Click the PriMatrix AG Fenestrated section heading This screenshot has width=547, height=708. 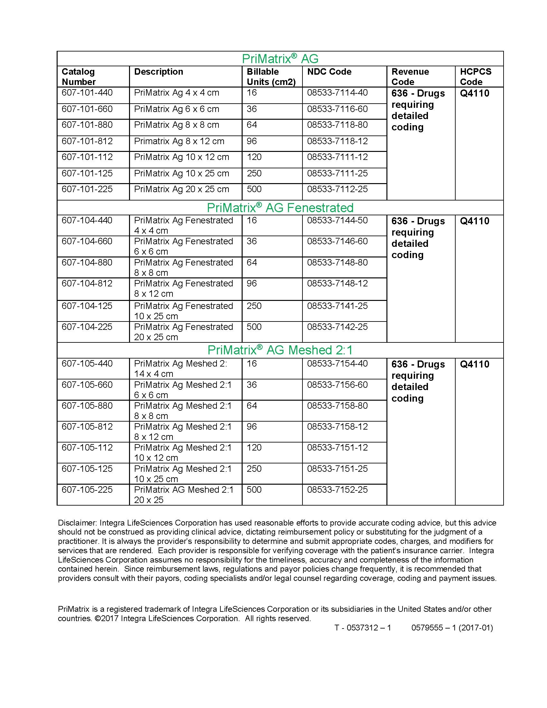(x=280, y=208)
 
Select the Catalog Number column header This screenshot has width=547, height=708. (x=79, y=77)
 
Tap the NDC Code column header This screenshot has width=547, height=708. (x=329, y=72)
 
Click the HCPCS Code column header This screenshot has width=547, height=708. (x=475, y=77)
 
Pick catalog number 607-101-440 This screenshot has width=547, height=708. (x=87, y=93)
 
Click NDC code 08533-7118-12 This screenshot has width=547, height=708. (x=337, y=141)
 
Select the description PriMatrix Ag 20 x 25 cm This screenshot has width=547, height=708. (x=181, y=189)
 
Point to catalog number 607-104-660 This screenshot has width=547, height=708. (x=87, y=241)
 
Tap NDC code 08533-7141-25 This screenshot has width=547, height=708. (x=337, y=306)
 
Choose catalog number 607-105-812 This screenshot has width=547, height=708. (x=87, y=427)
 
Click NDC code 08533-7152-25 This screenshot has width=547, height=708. (x=337, y=489)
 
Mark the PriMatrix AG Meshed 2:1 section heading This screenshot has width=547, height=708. (x=280, y=350)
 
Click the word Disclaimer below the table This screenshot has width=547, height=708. (x=77, y=523)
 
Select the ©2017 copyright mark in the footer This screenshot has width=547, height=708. (x=106, y=619)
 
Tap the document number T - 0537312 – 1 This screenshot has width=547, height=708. (x=363, y=628)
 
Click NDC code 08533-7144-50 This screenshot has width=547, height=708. (x=337, y=220)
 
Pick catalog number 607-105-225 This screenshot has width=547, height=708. (x=87, y=489)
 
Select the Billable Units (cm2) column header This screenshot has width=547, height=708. (x=271, y=77)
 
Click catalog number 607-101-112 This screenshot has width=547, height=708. (x=87, y=157)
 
